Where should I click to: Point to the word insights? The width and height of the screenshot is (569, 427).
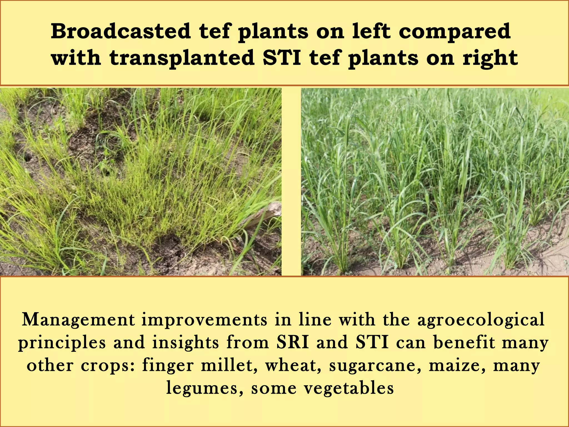pyautogui.click(x=185, y=342)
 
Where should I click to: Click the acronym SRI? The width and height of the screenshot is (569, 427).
pyautogui.click(x=293, y=342)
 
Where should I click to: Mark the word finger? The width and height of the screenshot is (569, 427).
pyautogui.click(x=168, y=366)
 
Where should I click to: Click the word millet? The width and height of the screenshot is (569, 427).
pyautogui.click(x=229, y=365)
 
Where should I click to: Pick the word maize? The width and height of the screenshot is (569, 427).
pyautogui.click(x=457, y=366)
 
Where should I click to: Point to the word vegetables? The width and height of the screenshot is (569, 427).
pyautogui.click(x=349, y=388)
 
